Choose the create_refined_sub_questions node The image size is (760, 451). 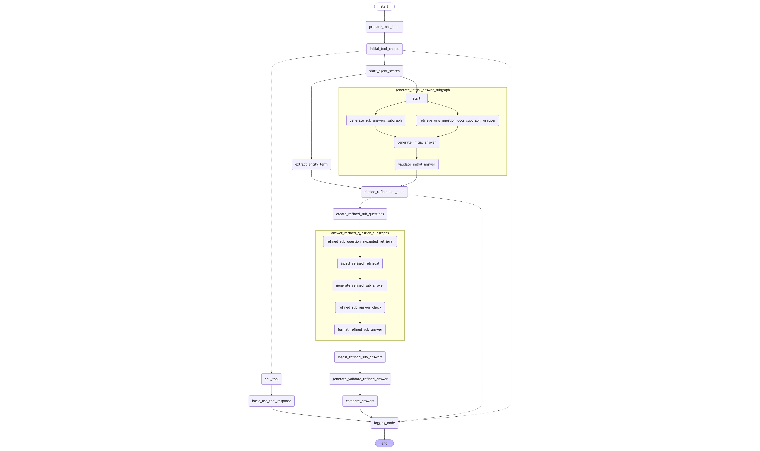[x=360, y=214]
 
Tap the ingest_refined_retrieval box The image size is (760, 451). [x=360, y=264]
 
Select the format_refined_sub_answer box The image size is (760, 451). [x=360, y=329]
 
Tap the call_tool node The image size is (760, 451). [x=271, y=379]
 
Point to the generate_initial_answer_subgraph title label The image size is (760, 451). [x=422, y=90]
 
